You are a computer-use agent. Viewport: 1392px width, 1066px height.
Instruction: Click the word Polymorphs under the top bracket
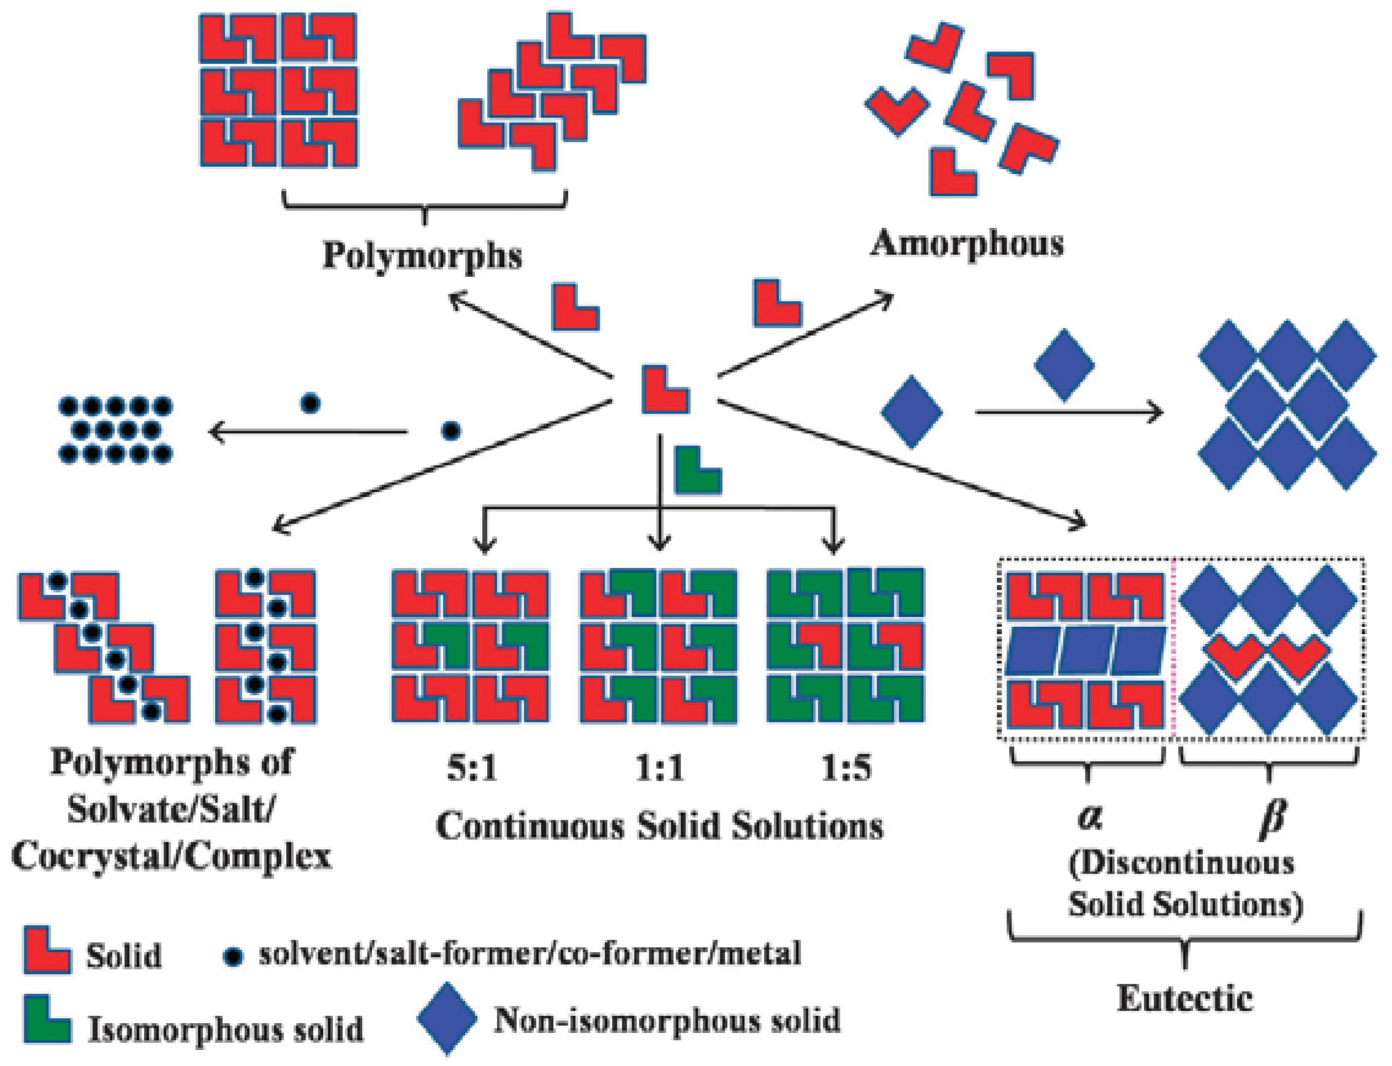pos(422,256)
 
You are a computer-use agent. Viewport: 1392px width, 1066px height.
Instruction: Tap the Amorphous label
pos(966,244)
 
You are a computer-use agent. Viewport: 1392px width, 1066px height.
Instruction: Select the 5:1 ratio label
pos(471,769)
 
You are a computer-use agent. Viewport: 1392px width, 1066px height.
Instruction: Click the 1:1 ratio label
pos(659,769)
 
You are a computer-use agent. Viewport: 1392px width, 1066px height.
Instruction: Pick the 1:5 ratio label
pos(846,769)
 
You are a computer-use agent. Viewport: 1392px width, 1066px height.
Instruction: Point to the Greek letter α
pos(1089,817)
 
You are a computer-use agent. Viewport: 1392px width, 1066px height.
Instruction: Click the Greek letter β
pos(1271,818)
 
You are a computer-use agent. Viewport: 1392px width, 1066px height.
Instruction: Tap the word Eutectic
pos(1184,998)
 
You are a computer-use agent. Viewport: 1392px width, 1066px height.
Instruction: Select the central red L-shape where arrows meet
pos(663,391)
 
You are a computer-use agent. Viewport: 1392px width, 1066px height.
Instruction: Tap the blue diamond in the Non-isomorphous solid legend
pos(447,1018)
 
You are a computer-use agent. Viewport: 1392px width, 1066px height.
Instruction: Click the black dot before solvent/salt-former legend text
pos(233,956)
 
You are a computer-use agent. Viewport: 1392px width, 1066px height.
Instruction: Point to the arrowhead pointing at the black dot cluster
pos(216,433)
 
